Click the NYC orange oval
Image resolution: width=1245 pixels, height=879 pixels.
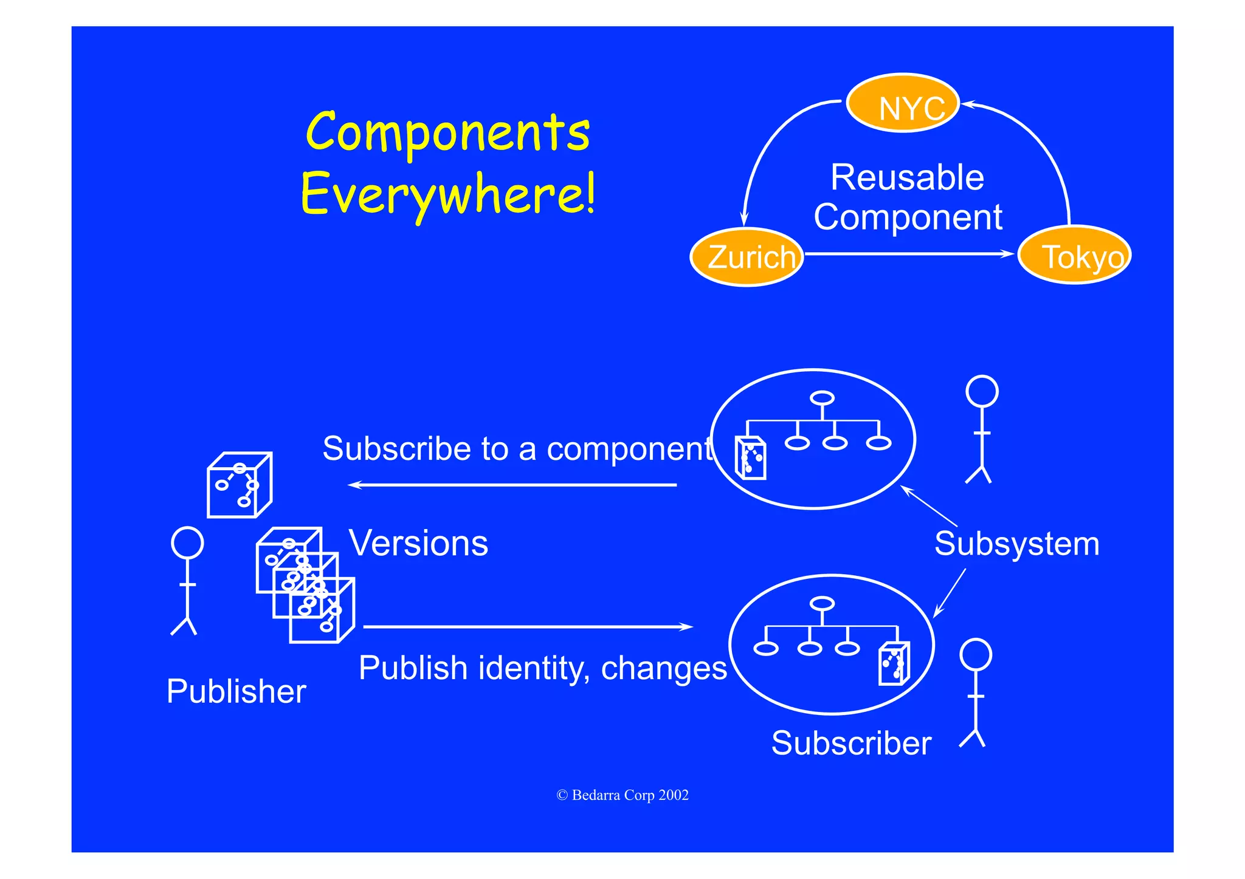coord(903,103)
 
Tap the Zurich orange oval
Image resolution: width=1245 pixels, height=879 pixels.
coord(747,256)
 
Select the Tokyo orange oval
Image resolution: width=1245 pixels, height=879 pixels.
coord(1074,255)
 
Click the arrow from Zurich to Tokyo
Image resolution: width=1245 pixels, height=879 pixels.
coord(909,254)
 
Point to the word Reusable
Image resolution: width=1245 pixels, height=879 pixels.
coord(907,177)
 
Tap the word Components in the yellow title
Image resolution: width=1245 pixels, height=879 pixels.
coord(448,132)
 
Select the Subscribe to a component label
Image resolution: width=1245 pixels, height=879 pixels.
coord(517,449)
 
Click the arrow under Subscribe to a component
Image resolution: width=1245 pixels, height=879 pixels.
coord(512,485)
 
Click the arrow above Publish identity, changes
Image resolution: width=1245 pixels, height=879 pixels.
coord(528,626)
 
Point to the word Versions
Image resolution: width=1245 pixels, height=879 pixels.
coord(418,543)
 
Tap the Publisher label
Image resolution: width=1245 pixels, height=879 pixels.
coord(236,691)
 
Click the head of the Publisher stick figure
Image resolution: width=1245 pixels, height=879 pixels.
coord(187,542)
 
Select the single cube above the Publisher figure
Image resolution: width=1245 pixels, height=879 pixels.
coord(240,485)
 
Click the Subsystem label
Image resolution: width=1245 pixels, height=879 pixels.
coord(1016,544)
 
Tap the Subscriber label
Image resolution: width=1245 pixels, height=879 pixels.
coord(851,743)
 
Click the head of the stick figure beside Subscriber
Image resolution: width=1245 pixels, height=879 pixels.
coord(976,655)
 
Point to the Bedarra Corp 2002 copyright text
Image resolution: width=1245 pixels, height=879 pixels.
coord(622,795)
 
